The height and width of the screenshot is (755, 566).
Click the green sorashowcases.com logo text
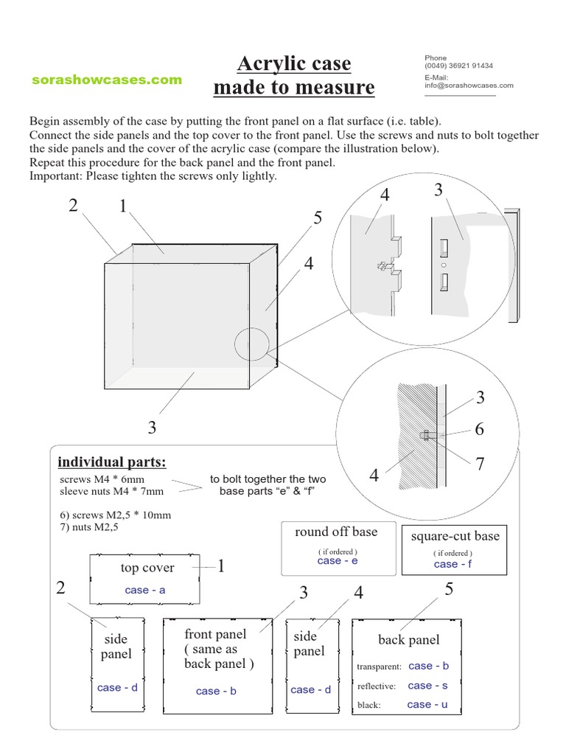tap(107, 80)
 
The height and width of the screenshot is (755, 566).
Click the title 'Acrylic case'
tap(293, 64)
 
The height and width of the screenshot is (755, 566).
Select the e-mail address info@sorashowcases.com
tap(469, 85)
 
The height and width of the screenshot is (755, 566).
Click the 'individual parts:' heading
tap(112, 462)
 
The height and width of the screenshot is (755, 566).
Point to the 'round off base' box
tap(336, 548)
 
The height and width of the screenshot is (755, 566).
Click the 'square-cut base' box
tap(455, 549)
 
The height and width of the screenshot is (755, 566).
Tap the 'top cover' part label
tap(147, 568)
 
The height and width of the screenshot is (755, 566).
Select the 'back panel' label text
tap(409, 639)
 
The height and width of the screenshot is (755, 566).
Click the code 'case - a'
tap(145, 590)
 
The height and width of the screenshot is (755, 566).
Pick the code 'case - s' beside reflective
tap(427, 686)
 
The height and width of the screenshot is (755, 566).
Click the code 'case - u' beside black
tap(427, 705)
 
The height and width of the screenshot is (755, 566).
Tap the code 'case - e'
tap(338, 560)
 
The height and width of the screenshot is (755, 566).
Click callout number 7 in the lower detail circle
tap(480, 464)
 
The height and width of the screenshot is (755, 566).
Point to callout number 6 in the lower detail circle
tap(480, 429)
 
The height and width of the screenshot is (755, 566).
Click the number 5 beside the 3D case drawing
tap(317, 218)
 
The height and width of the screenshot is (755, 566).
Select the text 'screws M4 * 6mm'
tap(97, 479)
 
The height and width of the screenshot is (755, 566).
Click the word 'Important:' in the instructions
tap(56, 176)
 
